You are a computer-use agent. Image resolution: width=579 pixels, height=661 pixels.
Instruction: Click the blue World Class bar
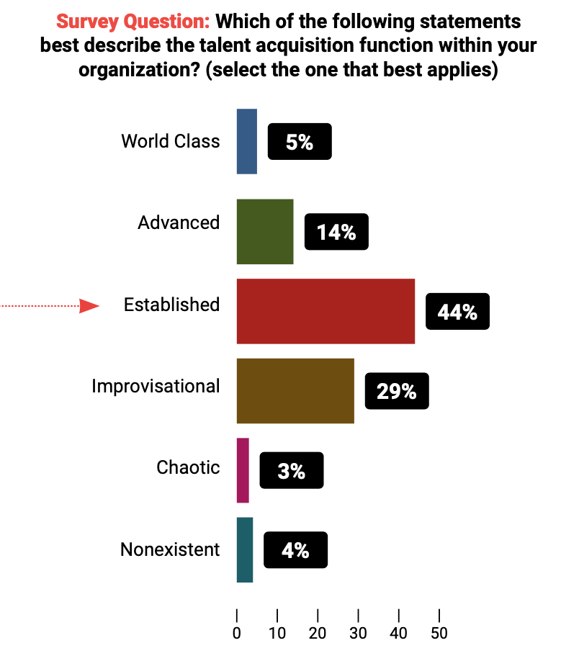(246, 141)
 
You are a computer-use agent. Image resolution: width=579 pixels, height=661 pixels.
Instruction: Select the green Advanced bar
(265, 232)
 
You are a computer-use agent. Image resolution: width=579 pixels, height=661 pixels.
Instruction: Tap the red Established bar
(326, 311)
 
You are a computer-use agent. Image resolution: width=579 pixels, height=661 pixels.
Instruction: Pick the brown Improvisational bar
(295, 391)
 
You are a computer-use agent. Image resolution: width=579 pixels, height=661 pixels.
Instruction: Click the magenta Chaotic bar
(243, 471)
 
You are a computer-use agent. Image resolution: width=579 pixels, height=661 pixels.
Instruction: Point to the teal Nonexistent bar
(245, 550)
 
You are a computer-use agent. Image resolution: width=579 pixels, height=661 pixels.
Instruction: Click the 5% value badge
(300, 141)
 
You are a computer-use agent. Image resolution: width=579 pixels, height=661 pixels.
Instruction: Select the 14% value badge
(336, 232)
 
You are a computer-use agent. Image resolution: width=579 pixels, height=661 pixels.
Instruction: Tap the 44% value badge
(457, 311)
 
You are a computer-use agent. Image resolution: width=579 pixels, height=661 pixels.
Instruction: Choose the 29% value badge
(397, 391)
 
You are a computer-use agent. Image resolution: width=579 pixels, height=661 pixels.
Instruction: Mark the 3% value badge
(292, 471)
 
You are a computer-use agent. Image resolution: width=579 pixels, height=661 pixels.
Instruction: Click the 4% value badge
(295, 550)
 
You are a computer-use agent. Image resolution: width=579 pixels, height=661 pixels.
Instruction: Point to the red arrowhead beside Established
(89, 306)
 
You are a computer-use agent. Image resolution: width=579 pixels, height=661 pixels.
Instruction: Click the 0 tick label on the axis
(237, 634)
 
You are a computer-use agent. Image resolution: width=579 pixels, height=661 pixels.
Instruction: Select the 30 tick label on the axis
(358, 634)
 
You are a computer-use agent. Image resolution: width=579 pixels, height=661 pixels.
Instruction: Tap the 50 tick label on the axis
(439, 634)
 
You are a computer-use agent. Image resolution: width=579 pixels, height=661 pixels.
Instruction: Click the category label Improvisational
(156, 387)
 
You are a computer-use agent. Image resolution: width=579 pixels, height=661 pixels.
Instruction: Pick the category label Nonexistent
(170, 550)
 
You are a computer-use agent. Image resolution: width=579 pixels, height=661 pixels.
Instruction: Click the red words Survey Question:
(133, 22)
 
